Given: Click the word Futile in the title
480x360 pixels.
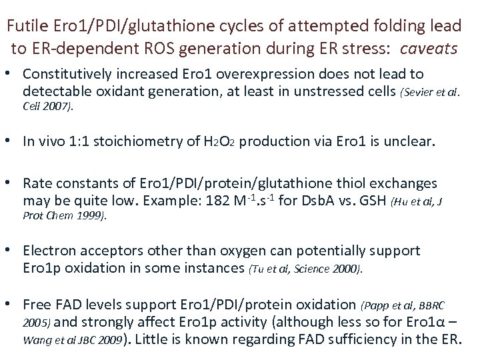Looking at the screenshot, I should (25, 27).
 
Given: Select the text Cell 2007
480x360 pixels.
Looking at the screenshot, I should (47, 106).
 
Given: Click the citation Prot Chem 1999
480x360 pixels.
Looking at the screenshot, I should (63, 216).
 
